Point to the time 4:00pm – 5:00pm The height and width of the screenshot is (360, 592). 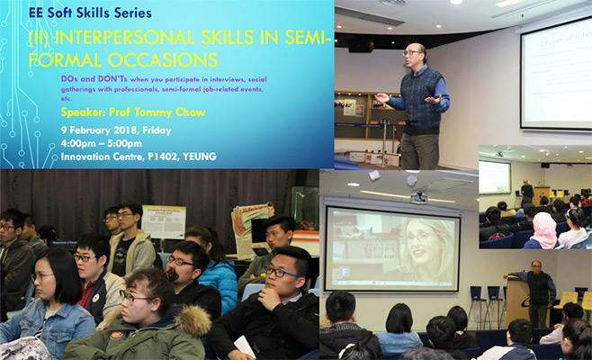[x=101, y=143]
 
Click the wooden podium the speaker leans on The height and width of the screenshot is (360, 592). [x=517, y=302]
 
